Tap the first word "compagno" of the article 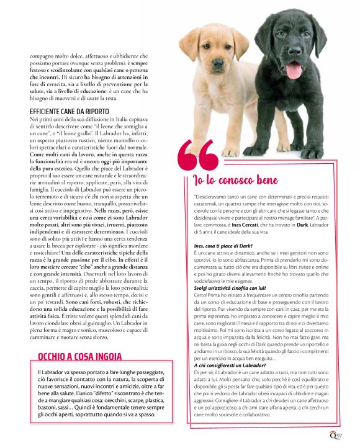pos(41,56)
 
